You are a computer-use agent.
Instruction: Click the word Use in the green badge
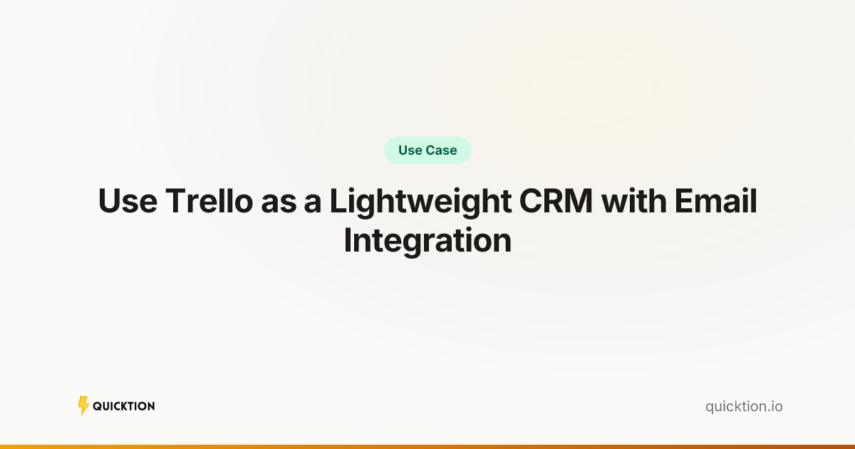click(x=410, y=150)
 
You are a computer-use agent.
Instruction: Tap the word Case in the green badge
click(x=442, y=150)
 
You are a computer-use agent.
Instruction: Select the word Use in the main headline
click(x=128, y=202)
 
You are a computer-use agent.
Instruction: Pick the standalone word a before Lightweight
click(x=313, y=202)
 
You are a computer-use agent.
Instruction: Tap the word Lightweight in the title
click(x=420, y=202)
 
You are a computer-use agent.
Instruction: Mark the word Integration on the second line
click(x=427, y=241)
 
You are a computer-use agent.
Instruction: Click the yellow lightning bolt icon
click(x=83, y=406)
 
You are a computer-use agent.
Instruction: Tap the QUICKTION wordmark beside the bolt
click(x=124, y=406)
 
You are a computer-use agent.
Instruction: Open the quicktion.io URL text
click(x=744, y=407)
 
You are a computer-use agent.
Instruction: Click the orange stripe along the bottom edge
click(x=427, y=446)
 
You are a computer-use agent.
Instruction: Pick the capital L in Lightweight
click(x=337, y=202)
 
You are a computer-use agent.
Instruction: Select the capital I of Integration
click(x=348, y=241)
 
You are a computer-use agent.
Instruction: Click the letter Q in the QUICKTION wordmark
click(x=97, y=406)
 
